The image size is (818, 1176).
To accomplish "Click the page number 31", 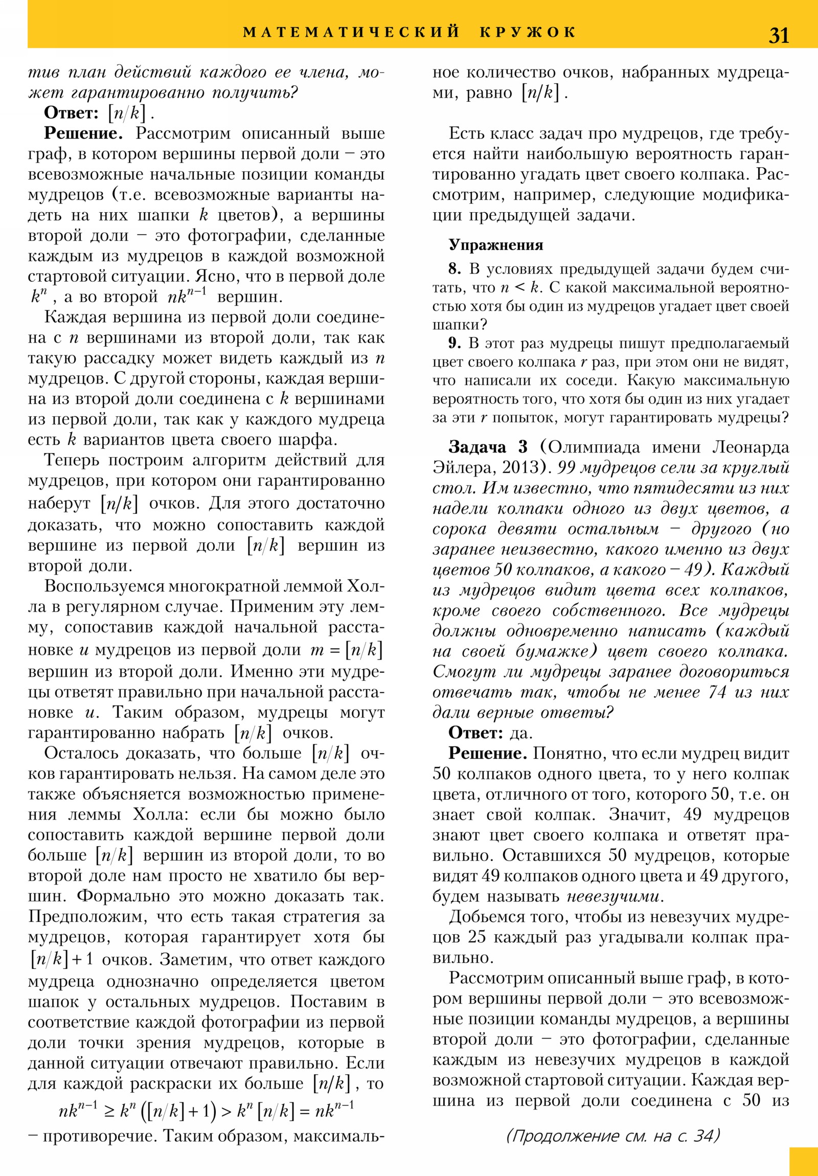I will click(779, 35).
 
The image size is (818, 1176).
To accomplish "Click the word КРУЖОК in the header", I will click(528, 32).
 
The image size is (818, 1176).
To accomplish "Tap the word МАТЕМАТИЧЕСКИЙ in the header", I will click(351, 32).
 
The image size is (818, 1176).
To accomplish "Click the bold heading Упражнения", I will click(495, 245).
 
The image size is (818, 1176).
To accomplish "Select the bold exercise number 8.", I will click(455, 269).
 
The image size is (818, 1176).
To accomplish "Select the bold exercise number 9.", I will click(455, 343).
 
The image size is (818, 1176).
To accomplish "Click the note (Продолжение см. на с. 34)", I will click(612, 1136).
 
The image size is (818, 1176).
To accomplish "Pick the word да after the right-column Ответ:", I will click(521, 733).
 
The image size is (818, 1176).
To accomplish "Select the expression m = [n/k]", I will click(346, 650).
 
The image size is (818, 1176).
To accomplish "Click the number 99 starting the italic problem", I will click(566, 468).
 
